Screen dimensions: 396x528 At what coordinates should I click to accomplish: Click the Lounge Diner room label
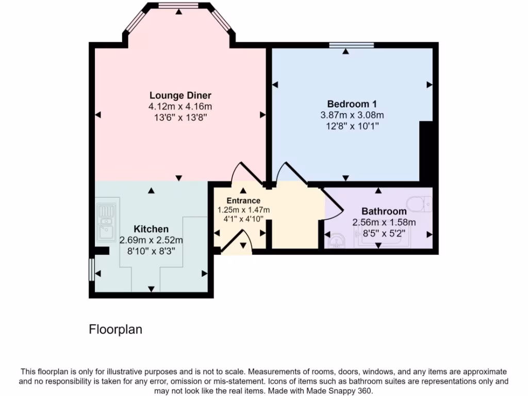click(180, 95)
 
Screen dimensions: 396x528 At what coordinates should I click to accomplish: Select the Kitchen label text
click(151, 229)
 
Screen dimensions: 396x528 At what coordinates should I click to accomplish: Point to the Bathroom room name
click(384, 211)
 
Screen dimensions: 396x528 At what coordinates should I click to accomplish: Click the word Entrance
click(243, 201)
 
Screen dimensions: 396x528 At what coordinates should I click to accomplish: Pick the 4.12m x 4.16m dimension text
click(180, 107)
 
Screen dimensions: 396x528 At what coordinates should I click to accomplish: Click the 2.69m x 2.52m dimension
click(151, 240)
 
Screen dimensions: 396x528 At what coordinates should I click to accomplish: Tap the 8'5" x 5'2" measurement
click(384, 234)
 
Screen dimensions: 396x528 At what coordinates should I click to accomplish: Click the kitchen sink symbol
click(107, 222)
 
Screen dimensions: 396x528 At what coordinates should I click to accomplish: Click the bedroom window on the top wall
click(352, 46)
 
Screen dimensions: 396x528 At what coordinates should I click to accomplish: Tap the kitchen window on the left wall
click(91, 270)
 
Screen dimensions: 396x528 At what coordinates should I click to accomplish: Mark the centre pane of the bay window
click(178, 6)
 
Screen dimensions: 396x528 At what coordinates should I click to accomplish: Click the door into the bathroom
click(333, 204)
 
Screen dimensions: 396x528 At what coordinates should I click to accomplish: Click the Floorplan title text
click(115, 329)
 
